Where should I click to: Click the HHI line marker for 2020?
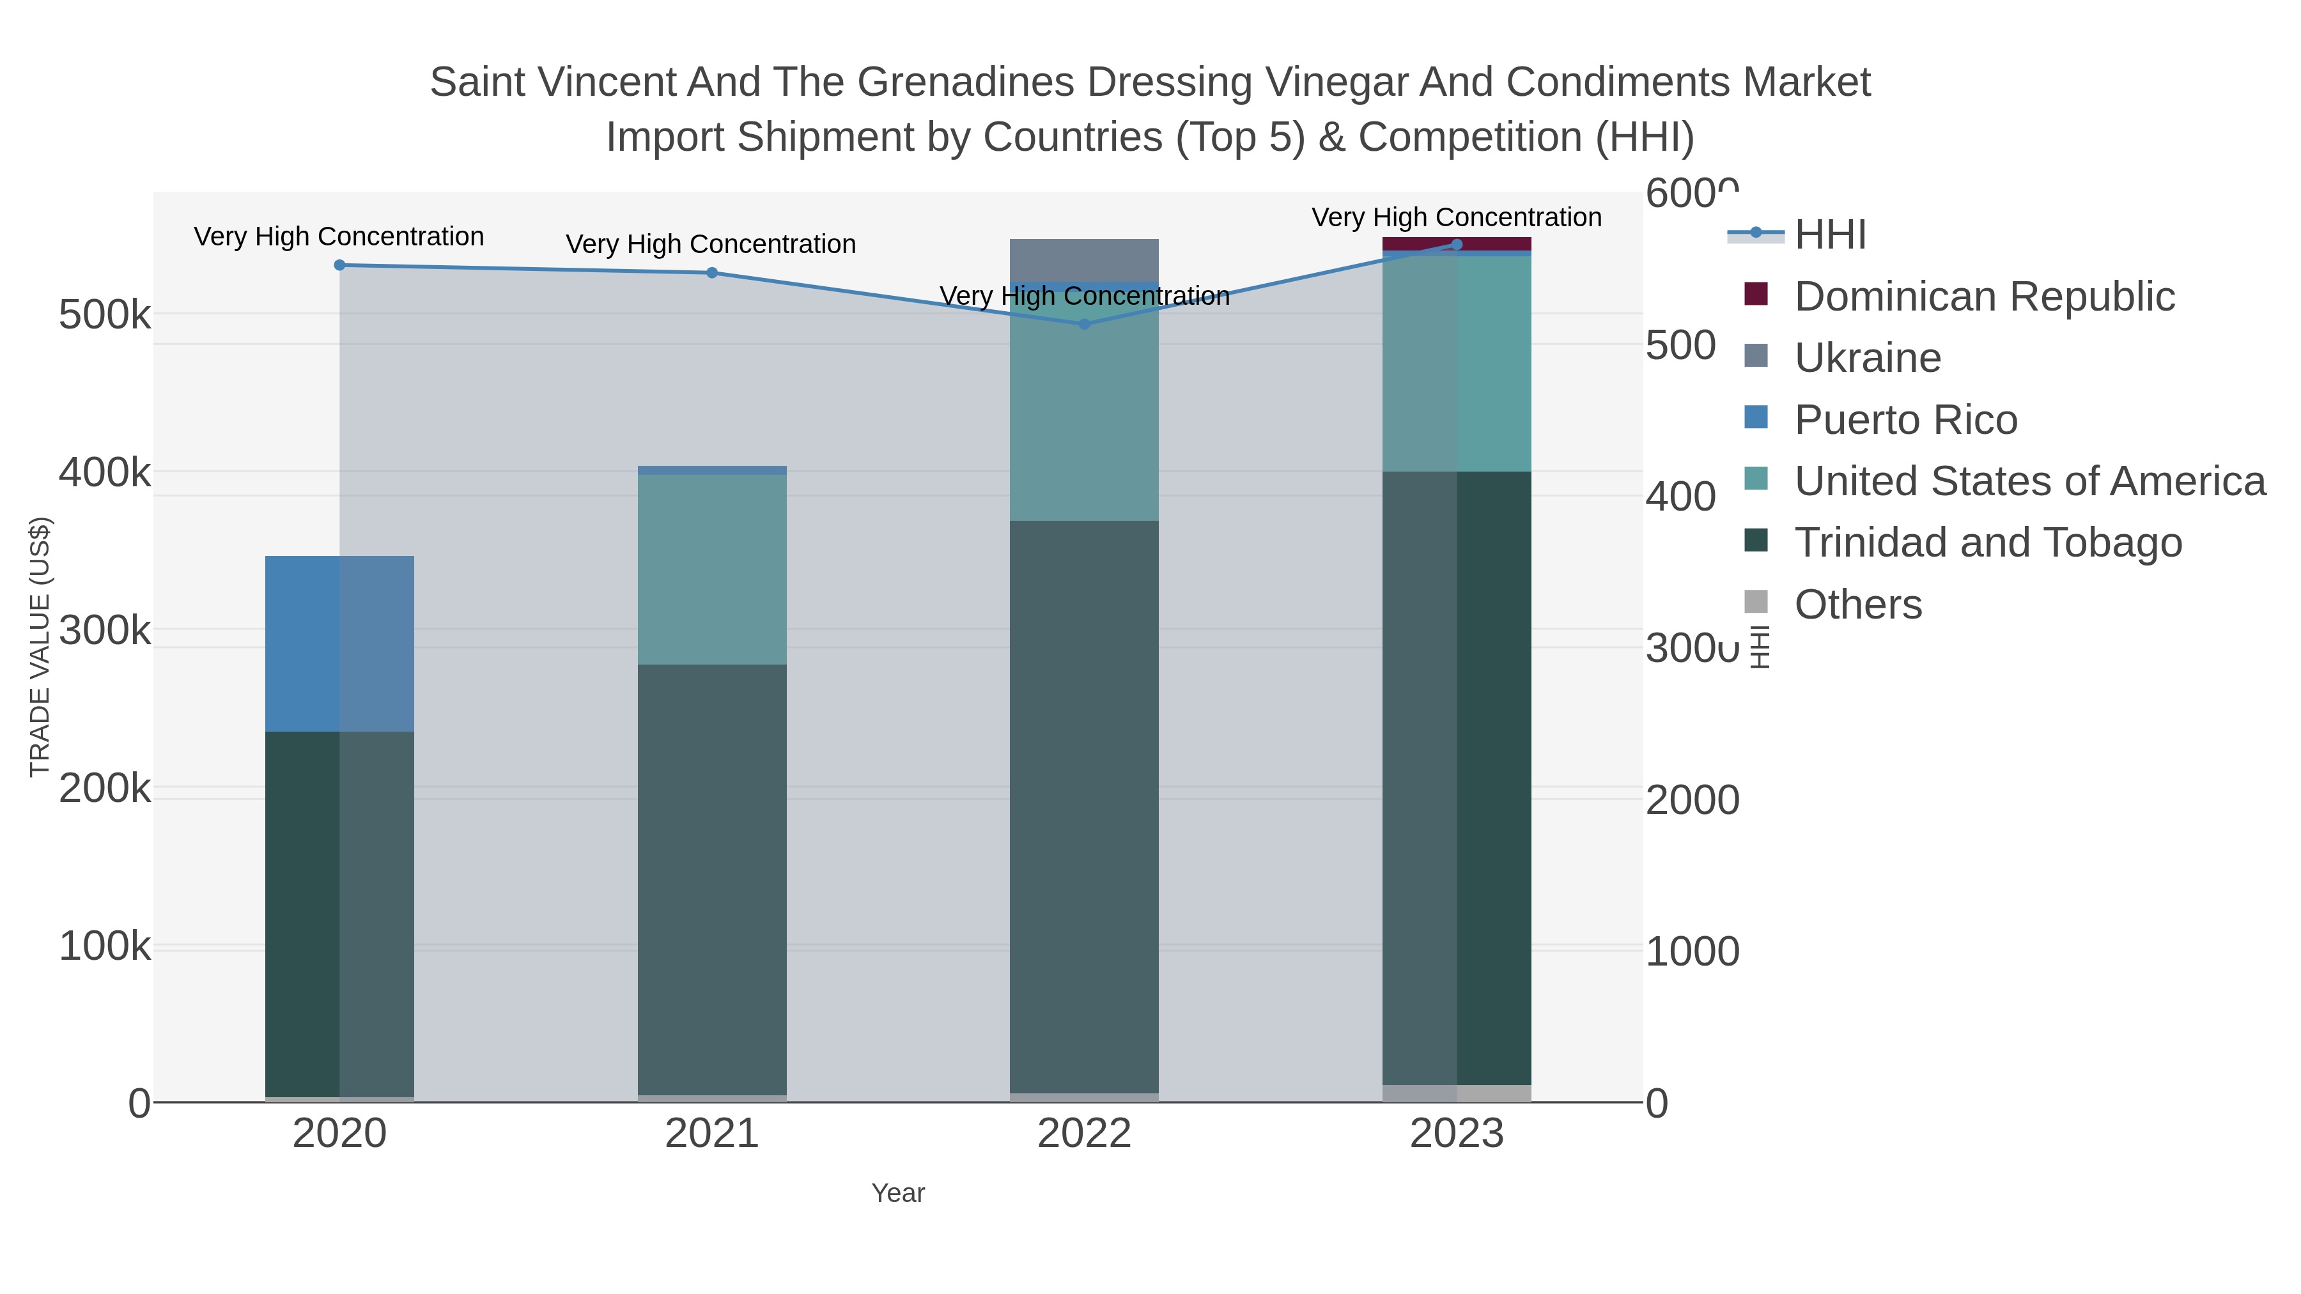pyautogui.click(x=339, y=265)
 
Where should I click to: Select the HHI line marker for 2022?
pyautogui.click(x=1085, y=324)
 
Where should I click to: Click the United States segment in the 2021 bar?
pyautogui.click(x=712, y=569)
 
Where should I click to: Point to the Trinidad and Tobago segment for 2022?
pyautogui.click(x=1085, y=804)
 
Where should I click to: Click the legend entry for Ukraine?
pyautogui.click(x=1867, y=358)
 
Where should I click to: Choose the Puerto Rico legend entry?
pyautogui.click(x=1905, y=420)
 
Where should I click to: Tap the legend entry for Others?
pyautogui.click(x=1858, y=605)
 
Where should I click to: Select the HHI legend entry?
pyautogui.click(x=1829, y=235)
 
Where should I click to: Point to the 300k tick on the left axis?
pyautogui.click(x=105, y=631)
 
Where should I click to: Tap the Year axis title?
pyautogui.click(x=898, y=1193)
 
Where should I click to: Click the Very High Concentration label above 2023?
pyautogui.click(x=1456, y=217)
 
